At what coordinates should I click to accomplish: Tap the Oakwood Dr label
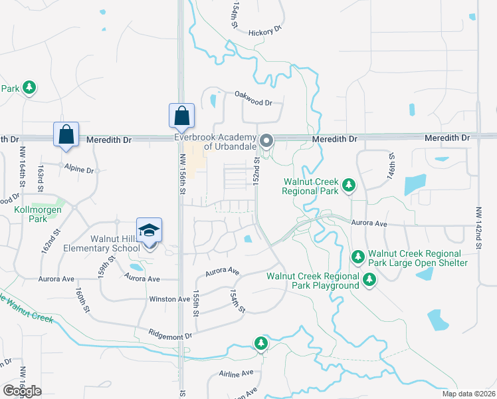point(253,102)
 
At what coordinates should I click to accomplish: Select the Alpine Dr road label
point(79,169)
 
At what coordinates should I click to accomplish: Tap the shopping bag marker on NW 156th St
point(182,116)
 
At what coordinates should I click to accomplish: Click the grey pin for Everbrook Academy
point(267,140)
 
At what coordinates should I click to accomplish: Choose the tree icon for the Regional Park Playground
point(369,281)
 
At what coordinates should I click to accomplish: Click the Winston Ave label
point(169,299)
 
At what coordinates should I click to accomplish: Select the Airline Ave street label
point(237,373)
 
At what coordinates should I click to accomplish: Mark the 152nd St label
point(256,171)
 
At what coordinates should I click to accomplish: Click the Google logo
point(22,391)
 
